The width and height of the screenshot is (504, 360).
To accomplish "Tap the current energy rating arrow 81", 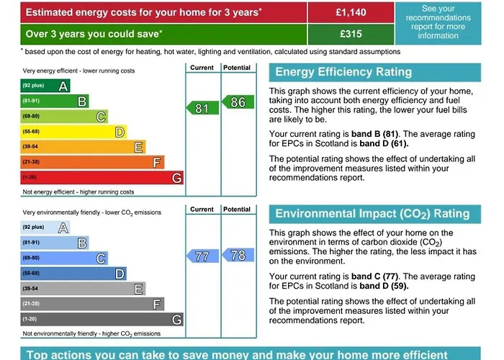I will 202,108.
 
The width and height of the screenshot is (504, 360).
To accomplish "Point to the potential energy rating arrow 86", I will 236,102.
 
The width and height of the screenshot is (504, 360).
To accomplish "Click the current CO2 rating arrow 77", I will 202,256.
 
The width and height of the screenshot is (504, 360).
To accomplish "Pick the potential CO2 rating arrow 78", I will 236,255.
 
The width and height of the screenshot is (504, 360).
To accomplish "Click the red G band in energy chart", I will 102,178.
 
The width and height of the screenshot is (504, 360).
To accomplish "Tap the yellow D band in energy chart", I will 73,132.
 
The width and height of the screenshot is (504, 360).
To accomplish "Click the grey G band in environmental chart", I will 102,319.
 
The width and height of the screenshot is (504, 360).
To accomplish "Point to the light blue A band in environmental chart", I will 45,228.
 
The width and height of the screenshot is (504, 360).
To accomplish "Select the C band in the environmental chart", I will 64,258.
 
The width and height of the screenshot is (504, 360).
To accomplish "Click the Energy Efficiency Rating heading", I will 343,72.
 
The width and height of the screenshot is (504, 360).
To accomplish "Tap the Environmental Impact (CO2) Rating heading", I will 372,214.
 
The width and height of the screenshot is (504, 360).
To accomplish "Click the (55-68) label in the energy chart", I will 31,132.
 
